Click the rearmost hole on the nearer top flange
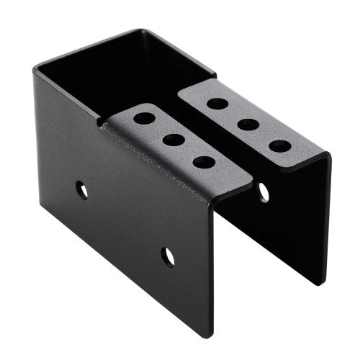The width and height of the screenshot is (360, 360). tap(144, 117)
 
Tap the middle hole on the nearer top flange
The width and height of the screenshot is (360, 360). tap(174, 140)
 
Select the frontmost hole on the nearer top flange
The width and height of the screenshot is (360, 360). tap(204, 162)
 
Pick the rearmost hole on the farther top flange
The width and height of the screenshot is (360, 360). tap(217, 103)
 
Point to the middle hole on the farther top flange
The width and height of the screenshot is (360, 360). tap(248, 125)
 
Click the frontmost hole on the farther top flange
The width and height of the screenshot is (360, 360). tap(280, 146)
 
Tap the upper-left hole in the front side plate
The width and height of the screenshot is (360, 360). tap(83, 191)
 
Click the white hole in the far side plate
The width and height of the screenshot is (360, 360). tap(264, 192)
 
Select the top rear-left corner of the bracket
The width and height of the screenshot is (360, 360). tap(34, 67)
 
